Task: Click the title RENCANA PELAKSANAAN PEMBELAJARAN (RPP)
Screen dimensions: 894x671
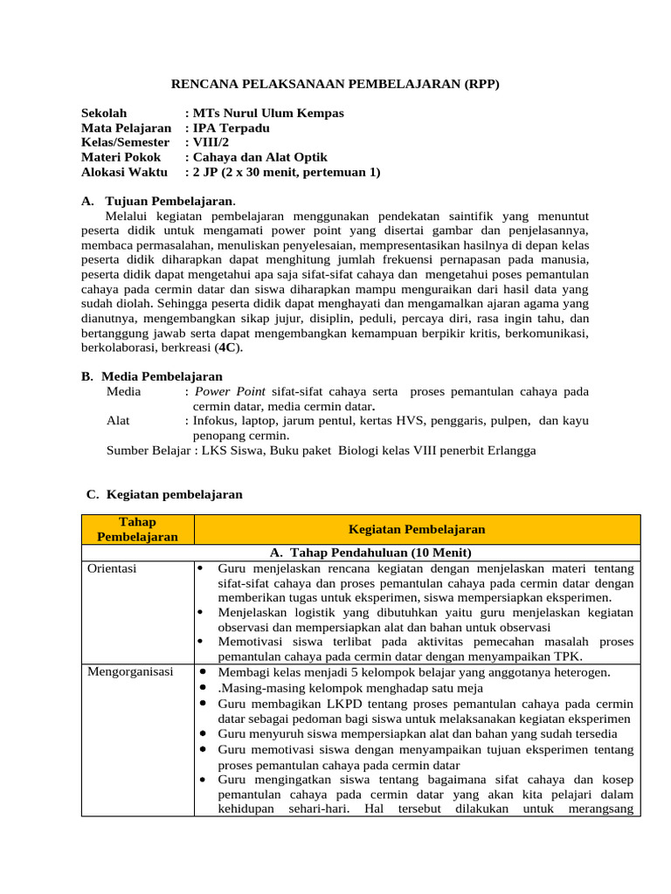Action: point(335,84)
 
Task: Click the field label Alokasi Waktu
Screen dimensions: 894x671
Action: point(124,172)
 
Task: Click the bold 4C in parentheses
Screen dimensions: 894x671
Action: point(230,347)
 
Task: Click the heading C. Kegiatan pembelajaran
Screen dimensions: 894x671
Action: point(163,494)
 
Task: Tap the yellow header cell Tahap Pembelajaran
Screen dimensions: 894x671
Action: point(137,529)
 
